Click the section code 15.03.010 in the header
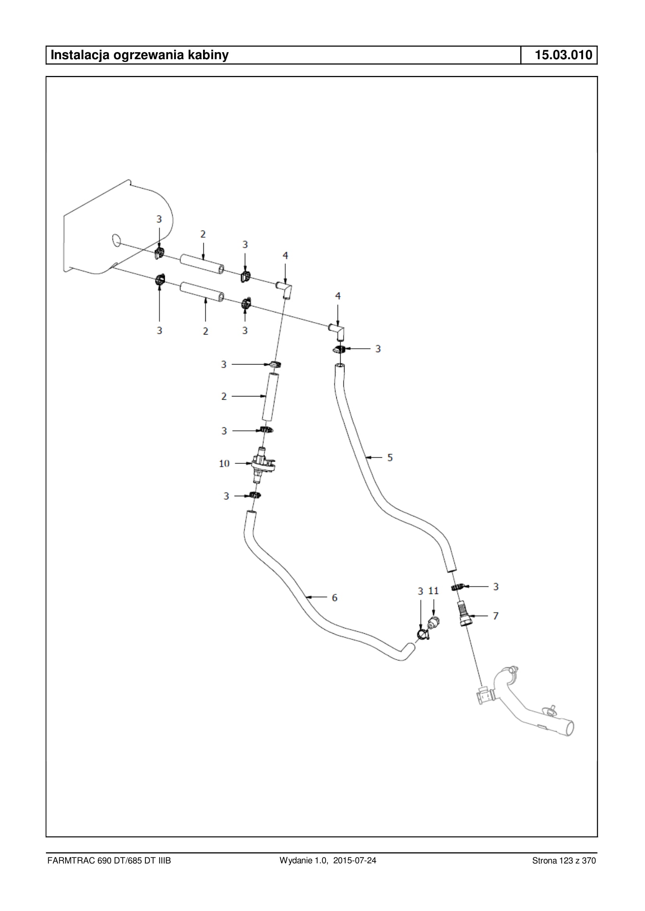point(563,55)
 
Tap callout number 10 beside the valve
point(224,463)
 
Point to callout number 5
point(390,458)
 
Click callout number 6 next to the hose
point(334,597)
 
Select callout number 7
point(496,616)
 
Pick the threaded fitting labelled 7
point(463,614)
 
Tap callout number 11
point(433,591)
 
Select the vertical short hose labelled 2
point(270,396)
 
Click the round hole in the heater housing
point(117,241)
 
